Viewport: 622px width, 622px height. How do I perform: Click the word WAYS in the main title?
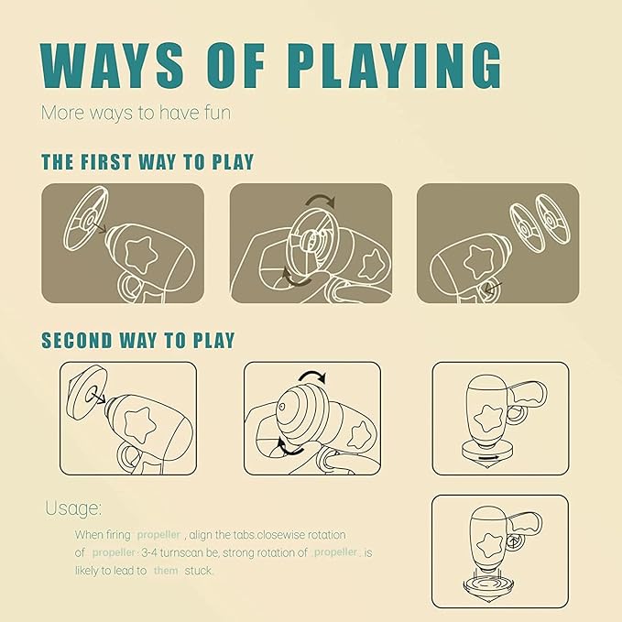pyautogui.click(x=112, y=65)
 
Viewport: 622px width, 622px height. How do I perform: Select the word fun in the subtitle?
pyautogui.click(x=217, y=113)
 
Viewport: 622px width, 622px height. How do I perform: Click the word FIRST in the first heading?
pyautogui.click(x=106, y=162)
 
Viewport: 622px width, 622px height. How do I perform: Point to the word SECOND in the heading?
pyautogui.click(x=77, y=341)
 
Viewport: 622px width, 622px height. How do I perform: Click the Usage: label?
pyautogui.click(x=73, y=508)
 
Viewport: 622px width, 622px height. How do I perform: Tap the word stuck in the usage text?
pyautogui.click(x=199, y=571)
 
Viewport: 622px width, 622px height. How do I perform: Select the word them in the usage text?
pyautogui.click(x=166, y=571)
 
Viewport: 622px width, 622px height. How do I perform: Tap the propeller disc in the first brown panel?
pyautogui.click(x=85, y=218)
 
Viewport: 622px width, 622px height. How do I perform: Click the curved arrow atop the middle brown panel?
pyautogui.click(x=321, y=200)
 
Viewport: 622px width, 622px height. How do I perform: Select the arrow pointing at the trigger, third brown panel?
pyautogui.click(x=493, y=289)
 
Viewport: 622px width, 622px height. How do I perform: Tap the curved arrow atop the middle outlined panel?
pyautogui.click(x=311, y=376)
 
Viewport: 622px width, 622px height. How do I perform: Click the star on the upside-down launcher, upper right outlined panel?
pyautogui.click(x=489, y=420)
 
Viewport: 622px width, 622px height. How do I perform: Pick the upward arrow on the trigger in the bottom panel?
pyautogui.click(x=514, y=542)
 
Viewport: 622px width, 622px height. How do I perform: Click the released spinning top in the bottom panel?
pyautogui.click(x=489, y=587)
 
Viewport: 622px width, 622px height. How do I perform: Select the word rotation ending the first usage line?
pyautogui.click(x=326, y=535)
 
